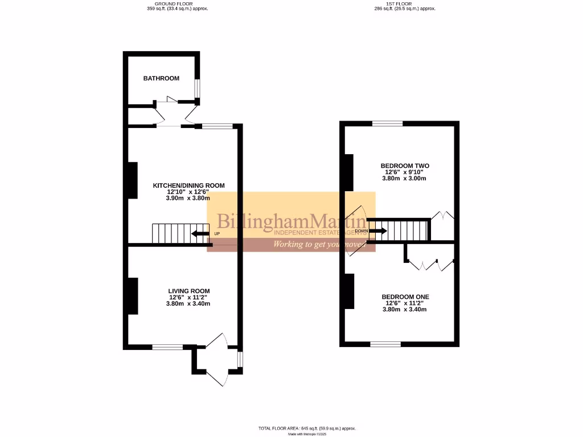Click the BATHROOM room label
pyautogui.click(x=161, y=79)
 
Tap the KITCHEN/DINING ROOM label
pyautogui.click(x=188, y=185)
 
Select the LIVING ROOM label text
pyautogui.click(x=188, y=291)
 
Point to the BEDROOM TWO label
pyautogui.click(x=405, y=166)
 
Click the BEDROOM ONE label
pyautogui.click(x=405, y=297)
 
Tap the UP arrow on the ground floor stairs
pyautogui.click(x=200, y=233)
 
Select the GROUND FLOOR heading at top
pyautogui.click(x=177, y=3)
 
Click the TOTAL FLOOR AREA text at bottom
pyautogui.click(x=307, y=428)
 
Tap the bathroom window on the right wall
pyautogui.click(x=198, y=88)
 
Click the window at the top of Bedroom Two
pyautogui.click(x=387, y=123)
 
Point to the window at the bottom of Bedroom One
pyautogui.click(x=385, y=344)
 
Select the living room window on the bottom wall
pyautogui.click(x=167, y=347)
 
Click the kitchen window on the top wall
pyautogui.click(x=217, y=126)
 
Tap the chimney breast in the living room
pyautogui.click(x=132, y=295)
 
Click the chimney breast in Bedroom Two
pyautogui.click(x=349, y=172)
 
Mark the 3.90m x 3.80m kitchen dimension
pyautogui.click(x=188, y=198)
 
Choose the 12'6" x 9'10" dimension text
pyautogui.click(x=405, y=172)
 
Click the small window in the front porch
pyautogui.click(x=240, y=360)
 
